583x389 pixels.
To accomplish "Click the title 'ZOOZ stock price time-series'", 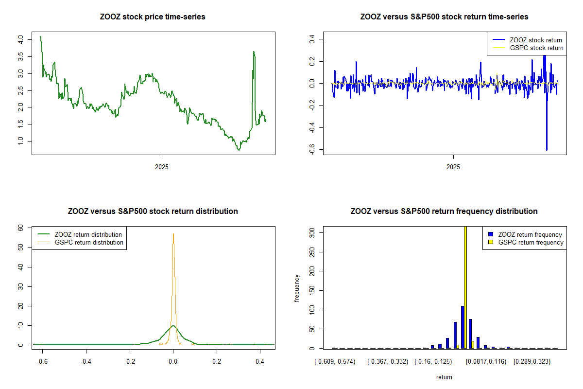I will coord(153,17).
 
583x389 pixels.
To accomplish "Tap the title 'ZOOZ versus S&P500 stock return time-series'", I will coord(444,17).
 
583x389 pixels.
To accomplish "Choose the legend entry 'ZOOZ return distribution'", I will coord(88,234).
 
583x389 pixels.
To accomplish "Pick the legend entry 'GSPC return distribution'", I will coord(89,242).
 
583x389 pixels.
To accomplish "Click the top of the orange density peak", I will coord(173,234).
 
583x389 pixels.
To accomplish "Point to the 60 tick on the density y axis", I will coord(20,228).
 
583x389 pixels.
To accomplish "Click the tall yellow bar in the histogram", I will coord(465,287).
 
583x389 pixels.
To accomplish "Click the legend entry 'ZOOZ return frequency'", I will coord(530,234).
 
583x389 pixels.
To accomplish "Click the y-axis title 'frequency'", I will coord(297,288).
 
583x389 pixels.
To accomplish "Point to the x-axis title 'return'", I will coord(444,377).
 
